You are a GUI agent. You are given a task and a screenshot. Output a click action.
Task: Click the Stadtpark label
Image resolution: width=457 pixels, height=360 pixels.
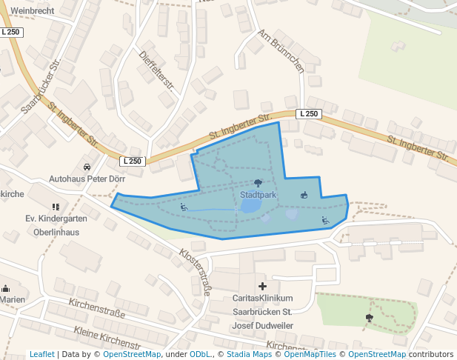tap(258, 195)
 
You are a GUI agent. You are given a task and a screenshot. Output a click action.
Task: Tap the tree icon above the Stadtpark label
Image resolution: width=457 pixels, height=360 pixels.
tap(258, 183)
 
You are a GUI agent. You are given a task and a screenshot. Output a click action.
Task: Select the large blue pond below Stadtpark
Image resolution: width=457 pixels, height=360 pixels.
tap(250, 205)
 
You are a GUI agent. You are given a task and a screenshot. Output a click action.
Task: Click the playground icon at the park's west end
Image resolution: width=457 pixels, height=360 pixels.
tap(184, 207)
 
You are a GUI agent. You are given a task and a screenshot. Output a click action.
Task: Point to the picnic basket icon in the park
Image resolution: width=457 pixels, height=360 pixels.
tap(303, 196)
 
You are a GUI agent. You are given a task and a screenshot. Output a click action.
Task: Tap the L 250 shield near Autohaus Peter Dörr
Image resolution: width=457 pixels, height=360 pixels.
tap(132, 161)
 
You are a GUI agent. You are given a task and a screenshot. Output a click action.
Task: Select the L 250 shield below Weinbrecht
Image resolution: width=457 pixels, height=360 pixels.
tap(11, 33)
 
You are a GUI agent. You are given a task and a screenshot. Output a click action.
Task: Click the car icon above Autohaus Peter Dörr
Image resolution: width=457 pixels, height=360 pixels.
tap(87, 167)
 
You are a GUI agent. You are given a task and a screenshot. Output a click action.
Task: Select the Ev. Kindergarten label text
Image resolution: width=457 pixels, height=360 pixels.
tap(56, 219)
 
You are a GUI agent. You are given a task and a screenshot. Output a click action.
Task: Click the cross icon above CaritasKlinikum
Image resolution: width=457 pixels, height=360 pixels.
tap(261, 286)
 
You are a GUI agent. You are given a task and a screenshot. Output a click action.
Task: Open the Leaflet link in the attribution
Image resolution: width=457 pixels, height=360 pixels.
tap(41, 354)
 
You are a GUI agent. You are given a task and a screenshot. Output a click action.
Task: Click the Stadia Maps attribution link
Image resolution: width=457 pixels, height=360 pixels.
tap(252, 354)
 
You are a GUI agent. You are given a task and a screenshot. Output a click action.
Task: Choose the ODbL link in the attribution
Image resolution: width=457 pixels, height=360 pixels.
tap(201, 354)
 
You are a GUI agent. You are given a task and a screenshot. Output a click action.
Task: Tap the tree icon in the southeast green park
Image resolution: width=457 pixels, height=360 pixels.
tap(369, 318)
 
